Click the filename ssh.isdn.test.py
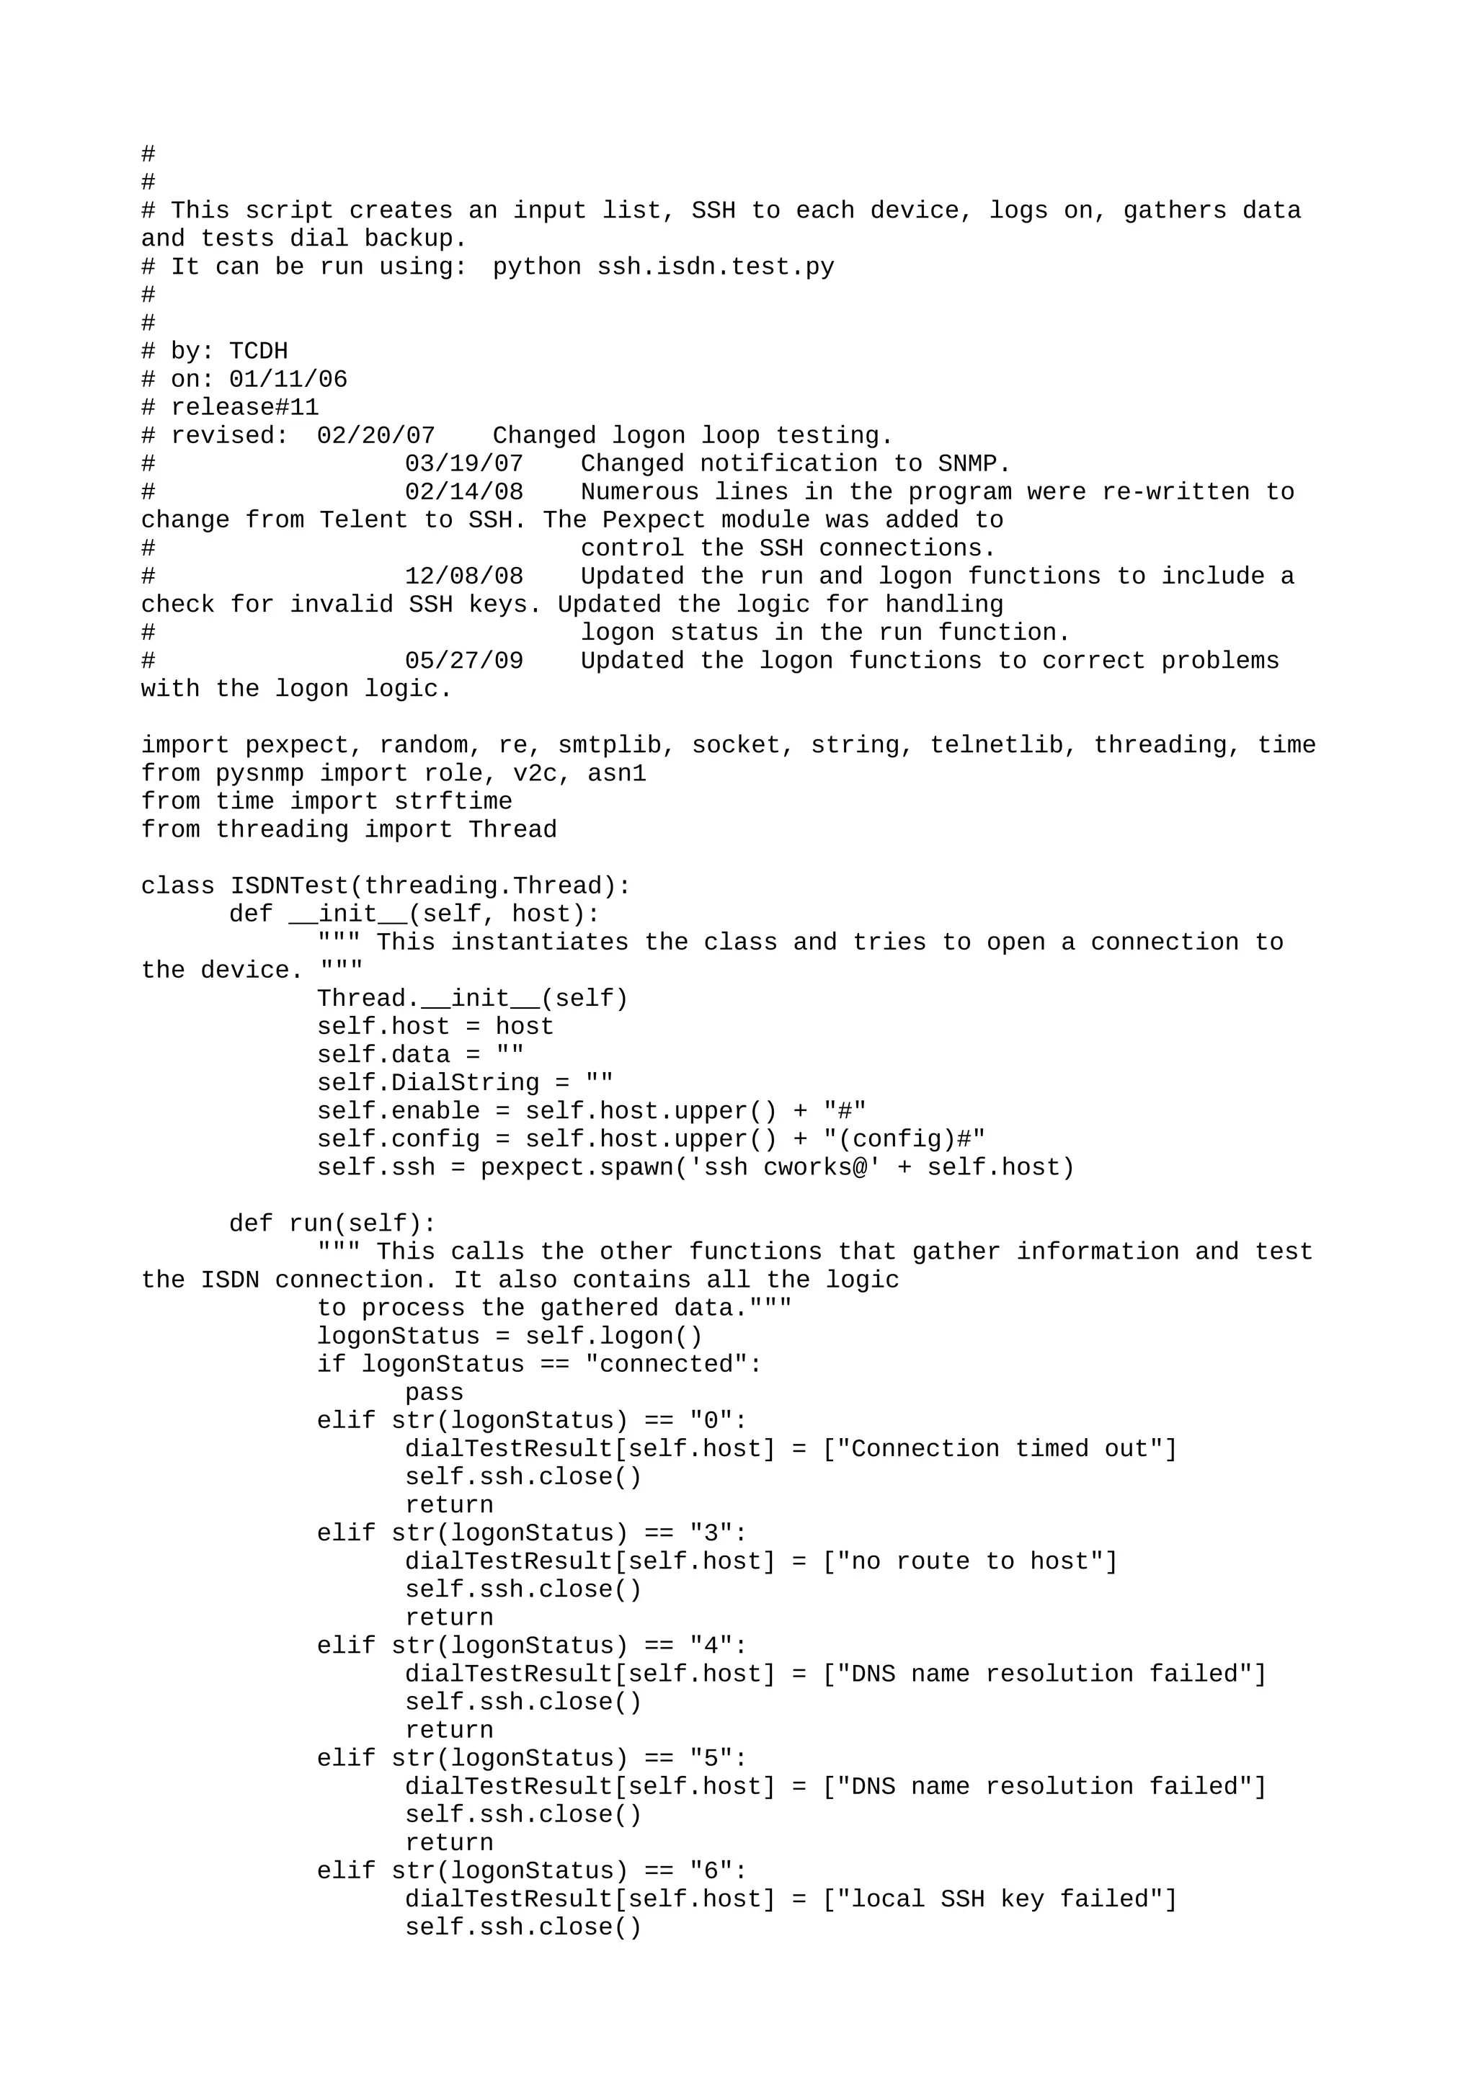pos(715,267)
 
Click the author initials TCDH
pos(258,352)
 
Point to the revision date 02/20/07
pos(375,436)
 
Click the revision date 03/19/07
pos(464,464)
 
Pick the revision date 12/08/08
pos(464,576)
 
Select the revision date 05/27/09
pos(464,661)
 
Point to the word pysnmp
pos(259,774)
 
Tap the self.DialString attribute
pos(427,1083)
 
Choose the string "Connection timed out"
pos(999,1450)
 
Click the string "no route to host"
pos(969,1562)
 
